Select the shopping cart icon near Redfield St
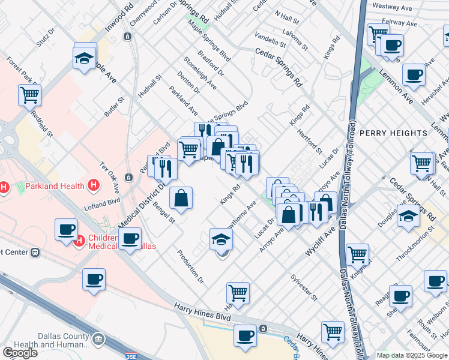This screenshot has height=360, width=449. (x=29, y=95)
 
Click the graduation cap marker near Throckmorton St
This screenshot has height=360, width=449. (x=408, y=217)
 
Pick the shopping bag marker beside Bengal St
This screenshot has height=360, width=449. (x=181, y=199)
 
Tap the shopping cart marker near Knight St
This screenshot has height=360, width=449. (x=357, y=254)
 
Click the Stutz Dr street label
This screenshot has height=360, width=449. (x=45, y=37)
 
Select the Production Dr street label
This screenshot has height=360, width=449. (x=191, y=266)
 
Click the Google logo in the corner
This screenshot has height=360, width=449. (x=20, y=353)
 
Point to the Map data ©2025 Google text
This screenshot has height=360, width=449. (x=412, y=356)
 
